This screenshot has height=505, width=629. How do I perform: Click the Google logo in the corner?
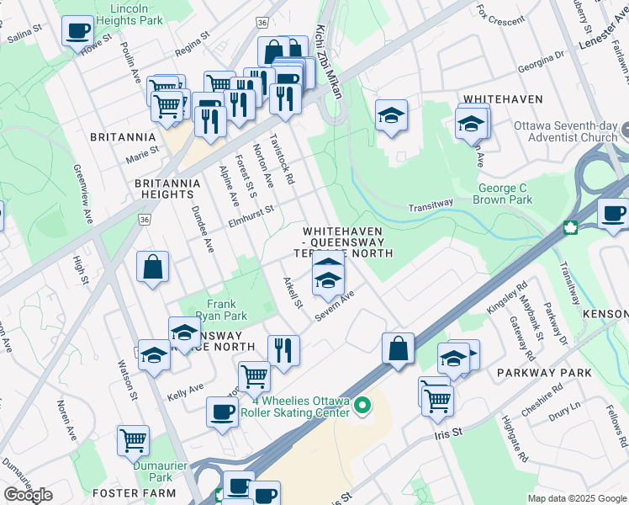click(28, 495)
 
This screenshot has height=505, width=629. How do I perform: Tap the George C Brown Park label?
click(505, 194)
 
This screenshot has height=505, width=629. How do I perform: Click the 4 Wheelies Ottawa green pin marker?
click(362, 407)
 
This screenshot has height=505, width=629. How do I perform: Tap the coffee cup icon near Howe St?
click(77, 31)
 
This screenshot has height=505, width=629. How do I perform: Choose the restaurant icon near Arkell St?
click(283, 350)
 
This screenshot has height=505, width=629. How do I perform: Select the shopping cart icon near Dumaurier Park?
click(133, 439)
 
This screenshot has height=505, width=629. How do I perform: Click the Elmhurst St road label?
click(251, 215)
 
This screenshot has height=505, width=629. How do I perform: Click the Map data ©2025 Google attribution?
click(577, 498)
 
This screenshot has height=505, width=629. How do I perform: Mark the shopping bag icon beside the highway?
click(398, 348)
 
